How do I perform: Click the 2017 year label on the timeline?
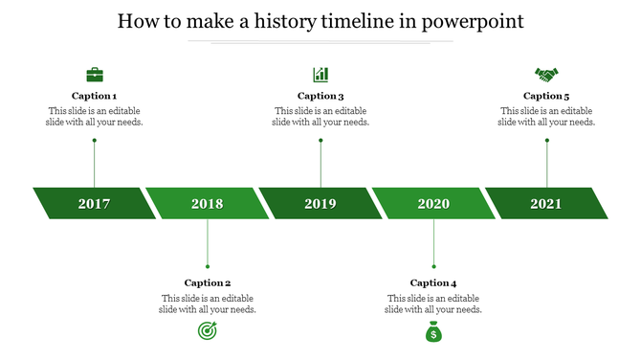click(94, 204)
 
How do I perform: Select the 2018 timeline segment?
click(208, 204)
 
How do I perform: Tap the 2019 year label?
click(320, 204)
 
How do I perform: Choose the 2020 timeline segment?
click(433, 204)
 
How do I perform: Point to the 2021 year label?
click(546, 204)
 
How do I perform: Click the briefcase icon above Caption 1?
click(95, 75)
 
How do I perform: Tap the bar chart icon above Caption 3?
click(320, 75)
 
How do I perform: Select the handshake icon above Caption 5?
click(546, 75)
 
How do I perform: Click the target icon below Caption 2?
click(208, 331)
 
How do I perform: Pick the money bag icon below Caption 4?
click(433, 331)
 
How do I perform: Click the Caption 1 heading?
click(95, 96)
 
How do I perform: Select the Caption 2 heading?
click(208, 282)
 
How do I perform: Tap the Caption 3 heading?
click(320, 96)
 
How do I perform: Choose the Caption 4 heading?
click(433, 282)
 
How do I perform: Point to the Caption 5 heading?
click(546, 96)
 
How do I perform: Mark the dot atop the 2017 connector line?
click(95, 141)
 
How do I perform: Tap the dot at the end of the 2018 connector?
click(208, 266)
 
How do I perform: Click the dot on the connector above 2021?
click(547, 141)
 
